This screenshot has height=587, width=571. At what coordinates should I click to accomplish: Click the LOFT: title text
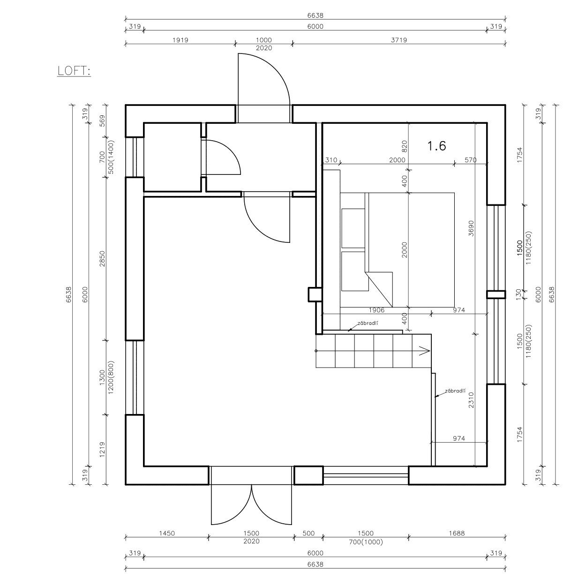[x=74, y=71]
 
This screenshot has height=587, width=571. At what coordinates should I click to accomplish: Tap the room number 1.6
[x=436, y=146]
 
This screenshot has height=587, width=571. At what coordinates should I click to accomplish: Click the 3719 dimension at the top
[x=399, y=40]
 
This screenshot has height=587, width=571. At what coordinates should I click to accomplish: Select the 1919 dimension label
[x=180, y=40]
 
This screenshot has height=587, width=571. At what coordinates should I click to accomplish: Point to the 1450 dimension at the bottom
[x=167, y=533]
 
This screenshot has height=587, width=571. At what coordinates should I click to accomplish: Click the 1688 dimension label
[x=457, y=533]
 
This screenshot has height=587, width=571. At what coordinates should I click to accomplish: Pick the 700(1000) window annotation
[x=366, y=542]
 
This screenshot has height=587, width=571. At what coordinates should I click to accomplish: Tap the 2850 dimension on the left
[x=102, y=258]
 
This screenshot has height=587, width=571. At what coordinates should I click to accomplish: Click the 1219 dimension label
[x=102, y=450]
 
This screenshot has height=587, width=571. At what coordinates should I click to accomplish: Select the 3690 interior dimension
[x=471, y=228]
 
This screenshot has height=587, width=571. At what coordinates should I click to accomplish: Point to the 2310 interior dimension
[x=471, y=400]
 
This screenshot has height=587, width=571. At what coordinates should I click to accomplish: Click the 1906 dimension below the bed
[x=376, y=310]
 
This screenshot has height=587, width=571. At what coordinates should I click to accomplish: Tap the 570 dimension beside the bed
[x=471, y=160]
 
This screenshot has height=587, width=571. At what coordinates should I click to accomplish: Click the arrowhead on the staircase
[x=425, y=351]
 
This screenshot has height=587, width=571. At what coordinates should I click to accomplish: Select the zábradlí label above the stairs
[x=368, y=323]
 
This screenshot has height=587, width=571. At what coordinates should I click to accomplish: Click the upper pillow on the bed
[x=353, y=228]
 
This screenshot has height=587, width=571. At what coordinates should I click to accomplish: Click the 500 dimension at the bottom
[x=308, y=533]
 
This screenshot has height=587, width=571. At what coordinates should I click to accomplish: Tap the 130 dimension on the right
[x=518, y=294]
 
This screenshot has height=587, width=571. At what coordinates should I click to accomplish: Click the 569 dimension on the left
[x=102, y=120]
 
